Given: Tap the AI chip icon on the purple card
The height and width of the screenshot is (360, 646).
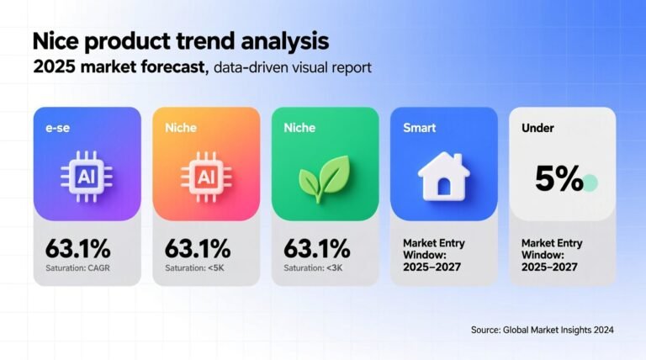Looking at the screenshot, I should (x=87, y=177).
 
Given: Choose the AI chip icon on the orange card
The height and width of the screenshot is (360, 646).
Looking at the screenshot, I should (x=206, y=177).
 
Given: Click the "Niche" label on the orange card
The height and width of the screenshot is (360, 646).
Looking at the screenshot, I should (x=180, y=130).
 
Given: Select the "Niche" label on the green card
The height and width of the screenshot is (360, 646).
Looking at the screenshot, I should (x=299, y=130).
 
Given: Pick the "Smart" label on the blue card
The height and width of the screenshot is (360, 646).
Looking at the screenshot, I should (x=419, y=130).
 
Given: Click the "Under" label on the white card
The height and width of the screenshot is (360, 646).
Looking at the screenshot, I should (x=538, y=130).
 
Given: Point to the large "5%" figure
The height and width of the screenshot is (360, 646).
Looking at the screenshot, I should (x=559, y=179).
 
